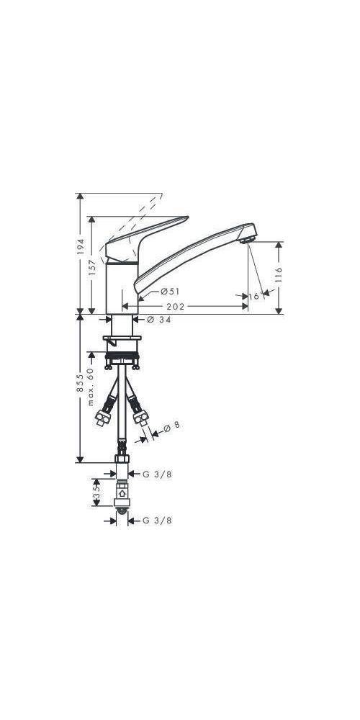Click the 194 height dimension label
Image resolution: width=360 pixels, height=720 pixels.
[81, 246]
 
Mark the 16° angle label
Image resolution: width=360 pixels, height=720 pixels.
[255, 296]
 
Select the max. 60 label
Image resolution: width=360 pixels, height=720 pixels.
[92, 387]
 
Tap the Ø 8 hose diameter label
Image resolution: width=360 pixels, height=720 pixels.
[171, 426]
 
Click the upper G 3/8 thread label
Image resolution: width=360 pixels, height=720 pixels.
[158, 474]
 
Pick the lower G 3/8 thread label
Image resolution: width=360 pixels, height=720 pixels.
[158, 519]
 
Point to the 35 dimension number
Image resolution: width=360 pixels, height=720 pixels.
[96, 495]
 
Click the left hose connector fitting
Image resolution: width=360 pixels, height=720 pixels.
[106, 418]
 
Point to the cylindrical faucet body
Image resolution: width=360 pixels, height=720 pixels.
[121, 288]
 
